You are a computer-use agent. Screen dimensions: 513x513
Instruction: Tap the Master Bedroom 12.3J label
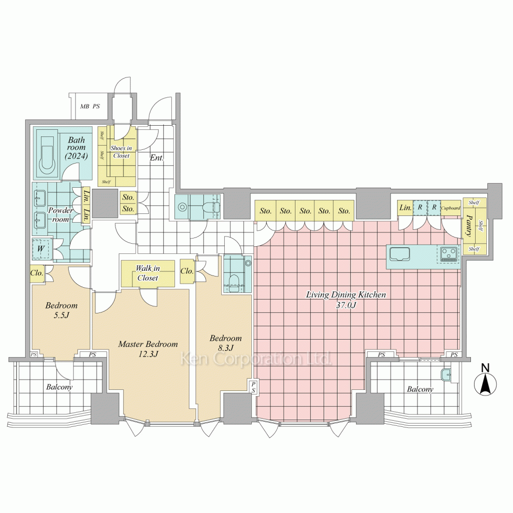pyautogui.click(x=148, y=349)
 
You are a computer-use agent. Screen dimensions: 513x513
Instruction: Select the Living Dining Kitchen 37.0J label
pyautogui.click(x=345, y=300)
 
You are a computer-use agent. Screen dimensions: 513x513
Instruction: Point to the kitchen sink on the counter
pyautogui.click(x=400, y=254)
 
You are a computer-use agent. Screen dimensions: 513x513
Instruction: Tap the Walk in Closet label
pyautogui.click(x=148, y=273)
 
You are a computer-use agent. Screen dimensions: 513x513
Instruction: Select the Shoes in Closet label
pyautogui.click(x=121, y=152)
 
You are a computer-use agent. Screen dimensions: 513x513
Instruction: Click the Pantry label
pyautogui.click(x=468, y=226)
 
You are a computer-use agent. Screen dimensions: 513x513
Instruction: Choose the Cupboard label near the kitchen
pyautogui.click(x=451, y=208)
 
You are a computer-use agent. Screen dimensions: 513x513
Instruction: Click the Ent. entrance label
pyautogui.click(x=156, y=158)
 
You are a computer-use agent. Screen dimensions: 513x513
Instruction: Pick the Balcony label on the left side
pyautogui.click(x=60, y=387)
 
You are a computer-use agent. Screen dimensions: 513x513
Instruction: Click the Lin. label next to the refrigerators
pyautogui.click(x=405, y=208)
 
